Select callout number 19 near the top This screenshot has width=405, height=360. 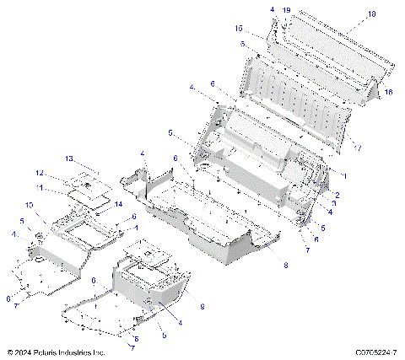pos(286,10)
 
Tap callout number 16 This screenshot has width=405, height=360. pos(388,91)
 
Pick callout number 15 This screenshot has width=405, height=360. pos(239,28)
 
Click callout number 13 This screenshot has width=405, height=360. pos(71,158)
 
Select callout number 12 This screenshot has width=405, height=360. pos(62,175)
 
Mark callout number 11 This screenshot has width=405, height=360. pos(62,187)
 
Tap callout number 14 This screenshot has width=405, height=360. pos(118,205)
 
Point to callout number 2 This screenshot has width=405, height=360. pos(337,195)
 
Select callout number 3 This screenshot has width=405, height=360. pos(333,204)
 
